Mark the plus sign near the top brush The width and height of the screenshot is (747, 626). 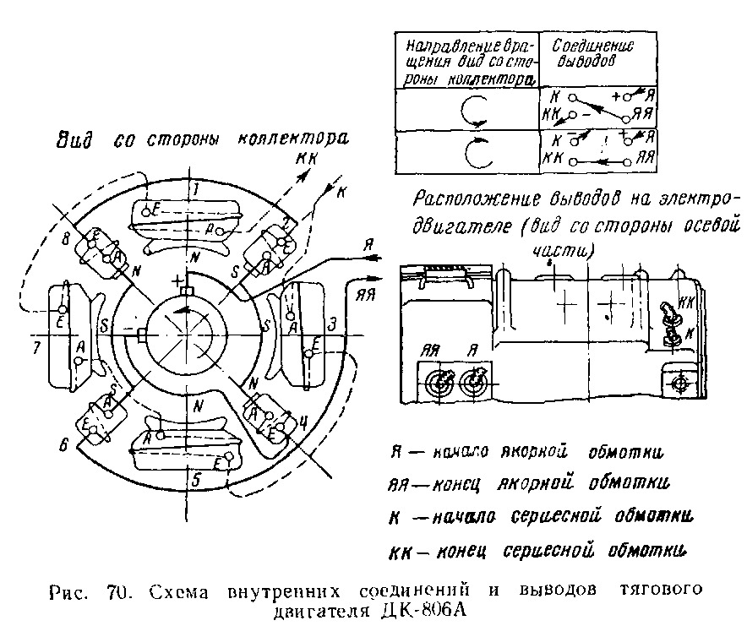point(177,280)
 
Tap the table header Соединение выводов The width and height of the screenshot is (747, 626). point(593,53)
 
